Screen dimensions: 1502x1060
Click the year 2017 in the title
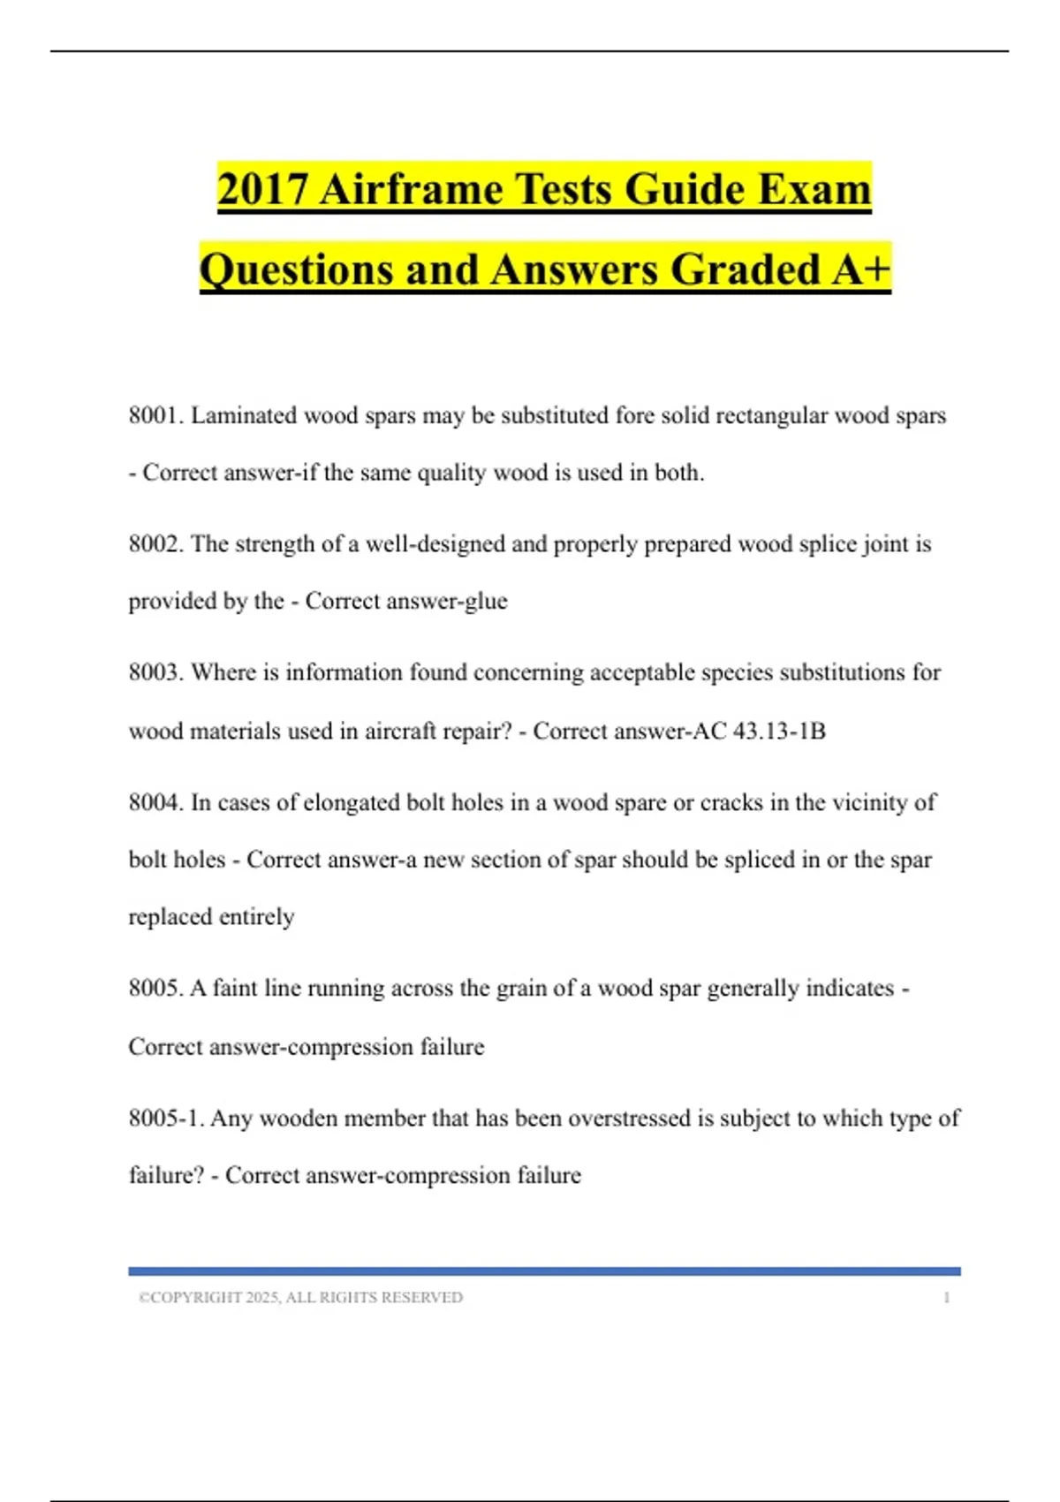tap(262, 189)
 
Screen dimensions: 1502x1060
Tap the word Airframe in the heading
tap(412, 189)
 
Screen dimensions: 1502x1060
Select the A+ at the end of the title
tap(860, 269)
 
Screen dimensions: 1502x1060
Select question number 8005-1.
tap(166, 1118)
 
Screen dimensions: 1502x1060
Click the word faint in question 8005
tap(234, 988)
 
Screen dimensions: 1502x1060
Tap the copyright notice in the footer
tap(300, 1297)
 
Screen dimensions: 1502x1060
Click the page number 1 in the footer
tap(946, 1297)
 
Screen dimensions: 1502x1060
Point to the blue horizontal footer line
tap(544, 1271)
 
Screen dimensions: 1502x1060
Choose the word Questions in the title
tap(296, 269)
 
